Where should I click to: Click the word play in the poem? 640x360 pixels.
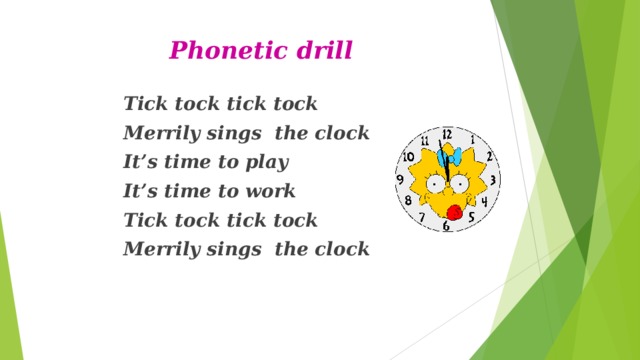268,162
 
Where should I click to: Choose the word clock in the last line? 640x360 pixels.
341,248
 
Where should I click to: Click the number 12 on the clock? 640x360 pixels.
447,135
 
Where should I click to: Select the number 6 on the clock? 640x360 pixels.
447,226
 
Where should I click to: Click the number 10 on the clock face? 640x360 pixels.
408,158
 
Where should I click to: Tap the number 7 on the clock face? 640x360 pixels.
423,217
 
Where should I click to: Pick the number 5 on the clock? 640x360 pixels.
470,219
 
